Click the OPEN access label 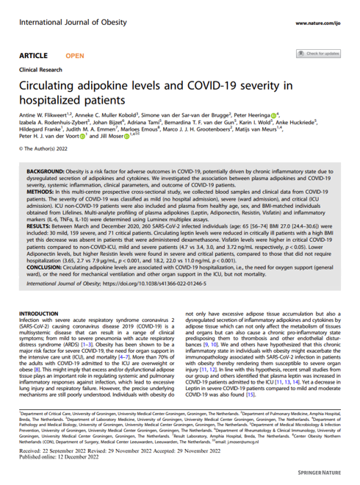(x=75, y=56)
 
